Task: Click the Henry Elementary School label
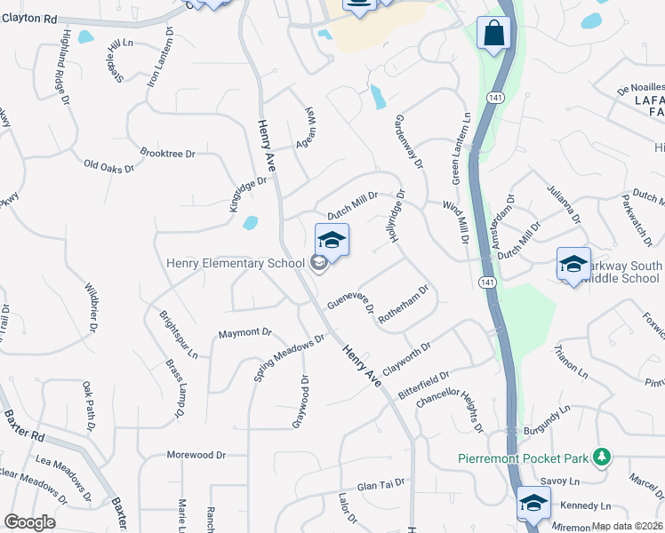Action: (236, 263)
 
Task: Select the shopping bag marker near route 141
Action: (493, 35)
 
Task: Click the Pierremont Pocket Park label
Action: (523, 458)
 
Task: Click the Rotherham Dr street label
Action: (405, 306)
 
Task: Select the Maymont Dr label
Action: (244, 333)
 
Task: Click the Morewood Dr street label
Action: (196, 455)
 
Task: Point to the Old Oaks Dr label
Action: (108, 165)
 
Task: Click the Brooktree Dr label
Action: (167, 154)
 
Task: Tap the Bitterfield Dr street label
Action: (425, 386)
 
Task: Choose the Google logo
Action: (29, 522)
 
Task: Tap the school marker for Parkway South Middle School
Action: (573, 265)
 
